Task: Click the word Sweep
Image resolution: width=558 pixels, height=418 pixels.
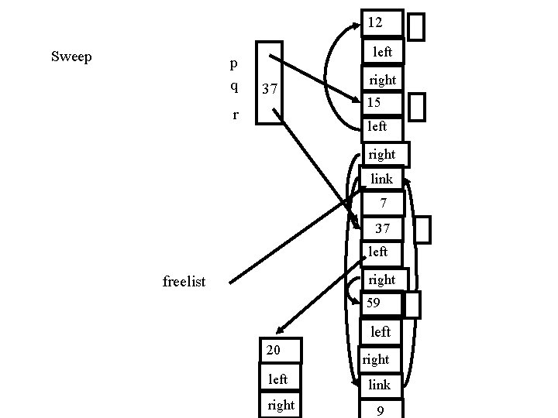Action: pos(71,57)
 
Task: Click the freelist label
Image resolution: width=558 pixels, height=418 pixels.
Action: pos(184,282)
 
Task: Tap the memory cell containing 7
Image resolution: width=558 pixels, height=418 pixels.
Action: pos(381,204)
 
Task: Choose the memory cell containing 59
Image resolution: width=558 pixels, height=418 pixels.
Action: pos(381,303)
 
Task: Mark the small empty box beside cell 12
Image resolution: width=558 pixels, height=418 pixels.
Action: pos(416,26)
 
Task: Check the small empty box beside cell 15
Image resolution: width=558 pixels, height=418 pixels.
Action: pos(416,107)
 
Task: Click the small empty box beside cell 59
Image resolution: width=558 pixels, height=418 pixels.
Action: pos(412,304)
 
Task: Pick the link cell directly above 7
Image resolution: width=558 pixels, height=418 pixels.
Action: pos(381,179)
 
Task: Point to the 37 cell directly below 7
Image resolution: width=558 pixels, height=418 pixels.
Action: pos(381,228)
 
